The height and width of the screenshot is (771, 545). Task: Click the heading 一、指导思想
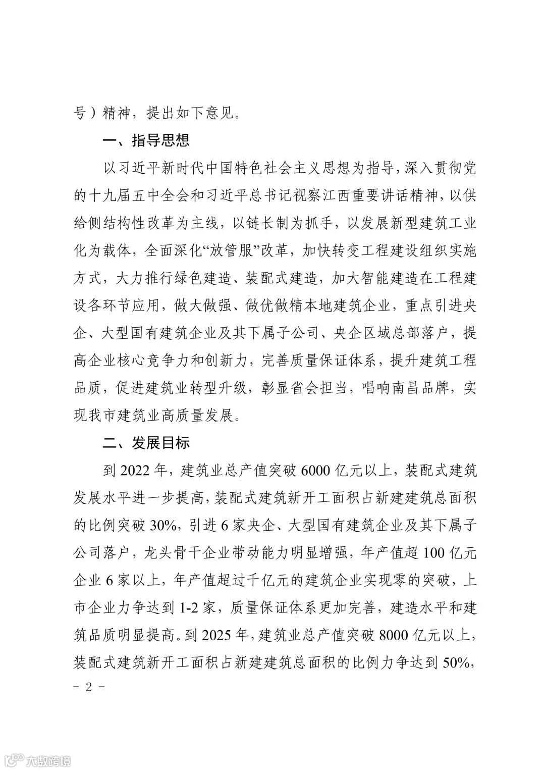click(x=146, y=140)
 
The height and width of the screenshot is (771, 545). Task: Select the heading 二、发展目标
click(x=146, y=443)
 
